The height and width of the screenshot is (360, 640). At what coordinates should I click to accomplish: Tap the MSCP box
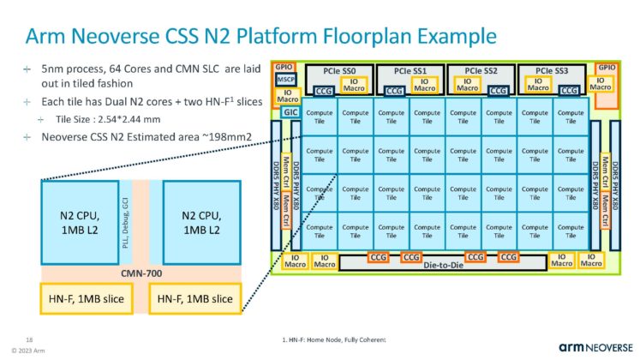(285, 79)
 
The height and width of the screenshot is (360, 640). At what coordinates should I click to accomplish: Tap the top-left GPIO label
(284, 66)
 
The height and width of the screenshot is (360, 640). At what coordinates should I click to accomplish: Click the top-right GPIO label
(606, 66)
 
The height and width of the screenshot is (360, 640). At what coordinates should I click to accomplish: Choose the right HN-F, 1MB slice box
(194, 299)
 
